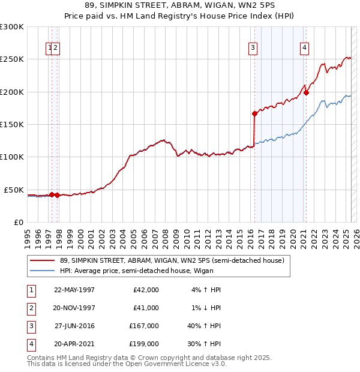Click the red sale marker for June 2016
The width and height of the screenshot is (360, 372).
(254, 113)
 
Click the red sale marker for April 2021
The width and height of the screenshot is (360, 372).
(306, 92)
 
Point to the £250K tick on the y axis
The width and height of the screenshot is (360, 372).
(13, 59)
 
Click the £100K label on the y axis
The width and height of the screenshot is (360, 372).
(13, 157)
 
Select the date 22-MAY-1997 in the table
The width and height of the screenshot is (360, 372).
(74, 290)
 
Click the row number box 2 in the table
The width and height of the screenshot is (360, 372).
(30, 308)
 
